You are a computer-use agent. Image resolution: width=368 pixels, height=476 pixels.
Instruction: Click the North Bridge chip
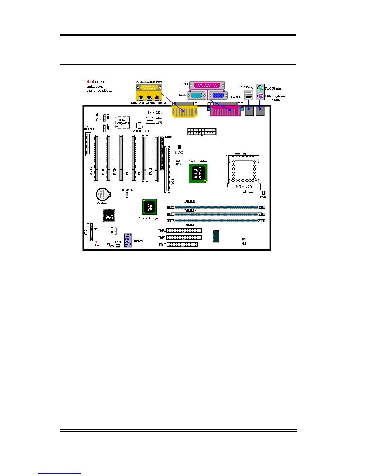coord(198,173)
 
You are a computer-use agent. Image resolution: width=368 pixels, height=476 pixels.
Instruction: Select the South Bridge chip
coord(149,207)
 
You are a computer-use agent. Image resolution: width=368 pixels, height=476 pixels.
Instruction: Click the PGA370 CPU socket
coord(243,172)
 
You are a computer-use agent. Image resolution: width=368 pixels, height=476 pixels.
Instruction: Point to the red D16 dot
coord(97,242)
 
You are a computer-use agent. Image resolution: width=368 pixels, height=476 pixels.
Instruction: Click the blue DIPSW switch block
coord(128,240)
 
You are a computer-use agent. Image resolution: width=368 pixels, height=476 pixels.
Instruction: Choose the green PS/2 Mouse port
coord(260,88)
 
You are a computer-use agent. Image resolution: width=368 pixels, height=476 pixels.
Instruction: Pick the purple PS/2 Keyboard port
coord(260,96)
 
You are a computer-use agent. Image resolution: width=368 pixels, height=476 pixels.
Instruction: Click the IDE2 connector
coord(184,230)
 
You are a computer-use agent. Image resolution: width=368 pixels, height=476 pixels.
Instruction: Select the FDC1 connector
coord(182,244)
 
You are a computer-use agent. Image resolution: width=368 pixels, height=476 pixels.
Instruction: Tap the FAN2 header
coord(179,147)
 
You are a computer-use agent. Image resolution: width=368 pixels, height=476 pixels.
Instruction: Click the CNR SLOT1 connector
coord(88,144)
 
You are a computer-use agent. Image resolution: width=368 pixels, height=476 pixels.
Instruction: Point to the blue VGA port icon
coord(218,96)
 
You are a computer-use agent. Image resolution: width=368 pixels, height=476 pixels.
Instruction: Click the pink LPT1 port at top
coord(207,85)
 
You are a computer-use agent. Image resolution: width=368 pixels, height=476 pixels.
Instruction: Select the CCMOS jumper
coord(127,195)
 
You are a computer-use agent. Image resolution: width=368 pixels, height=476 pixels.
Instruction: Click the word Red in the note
coord(90,81)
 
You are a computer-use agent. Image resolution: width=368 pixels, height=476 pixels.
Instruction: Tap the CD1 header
coord(151,113)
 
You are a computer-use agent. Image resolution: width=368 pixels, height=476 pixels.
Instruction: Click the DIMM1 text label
coord(190,201)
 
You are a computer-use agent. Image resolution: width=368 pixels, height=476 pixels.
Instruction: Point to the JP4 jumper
coord(244,243)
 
